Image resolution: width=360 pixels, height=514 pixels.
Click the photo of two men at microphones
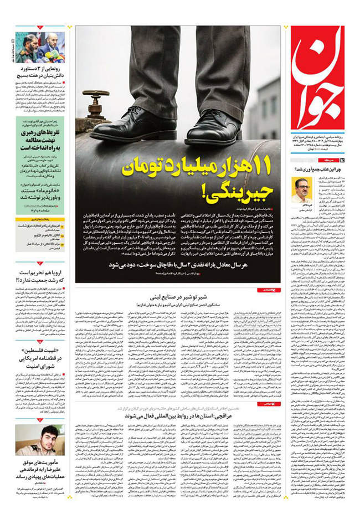click(39, 47)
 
